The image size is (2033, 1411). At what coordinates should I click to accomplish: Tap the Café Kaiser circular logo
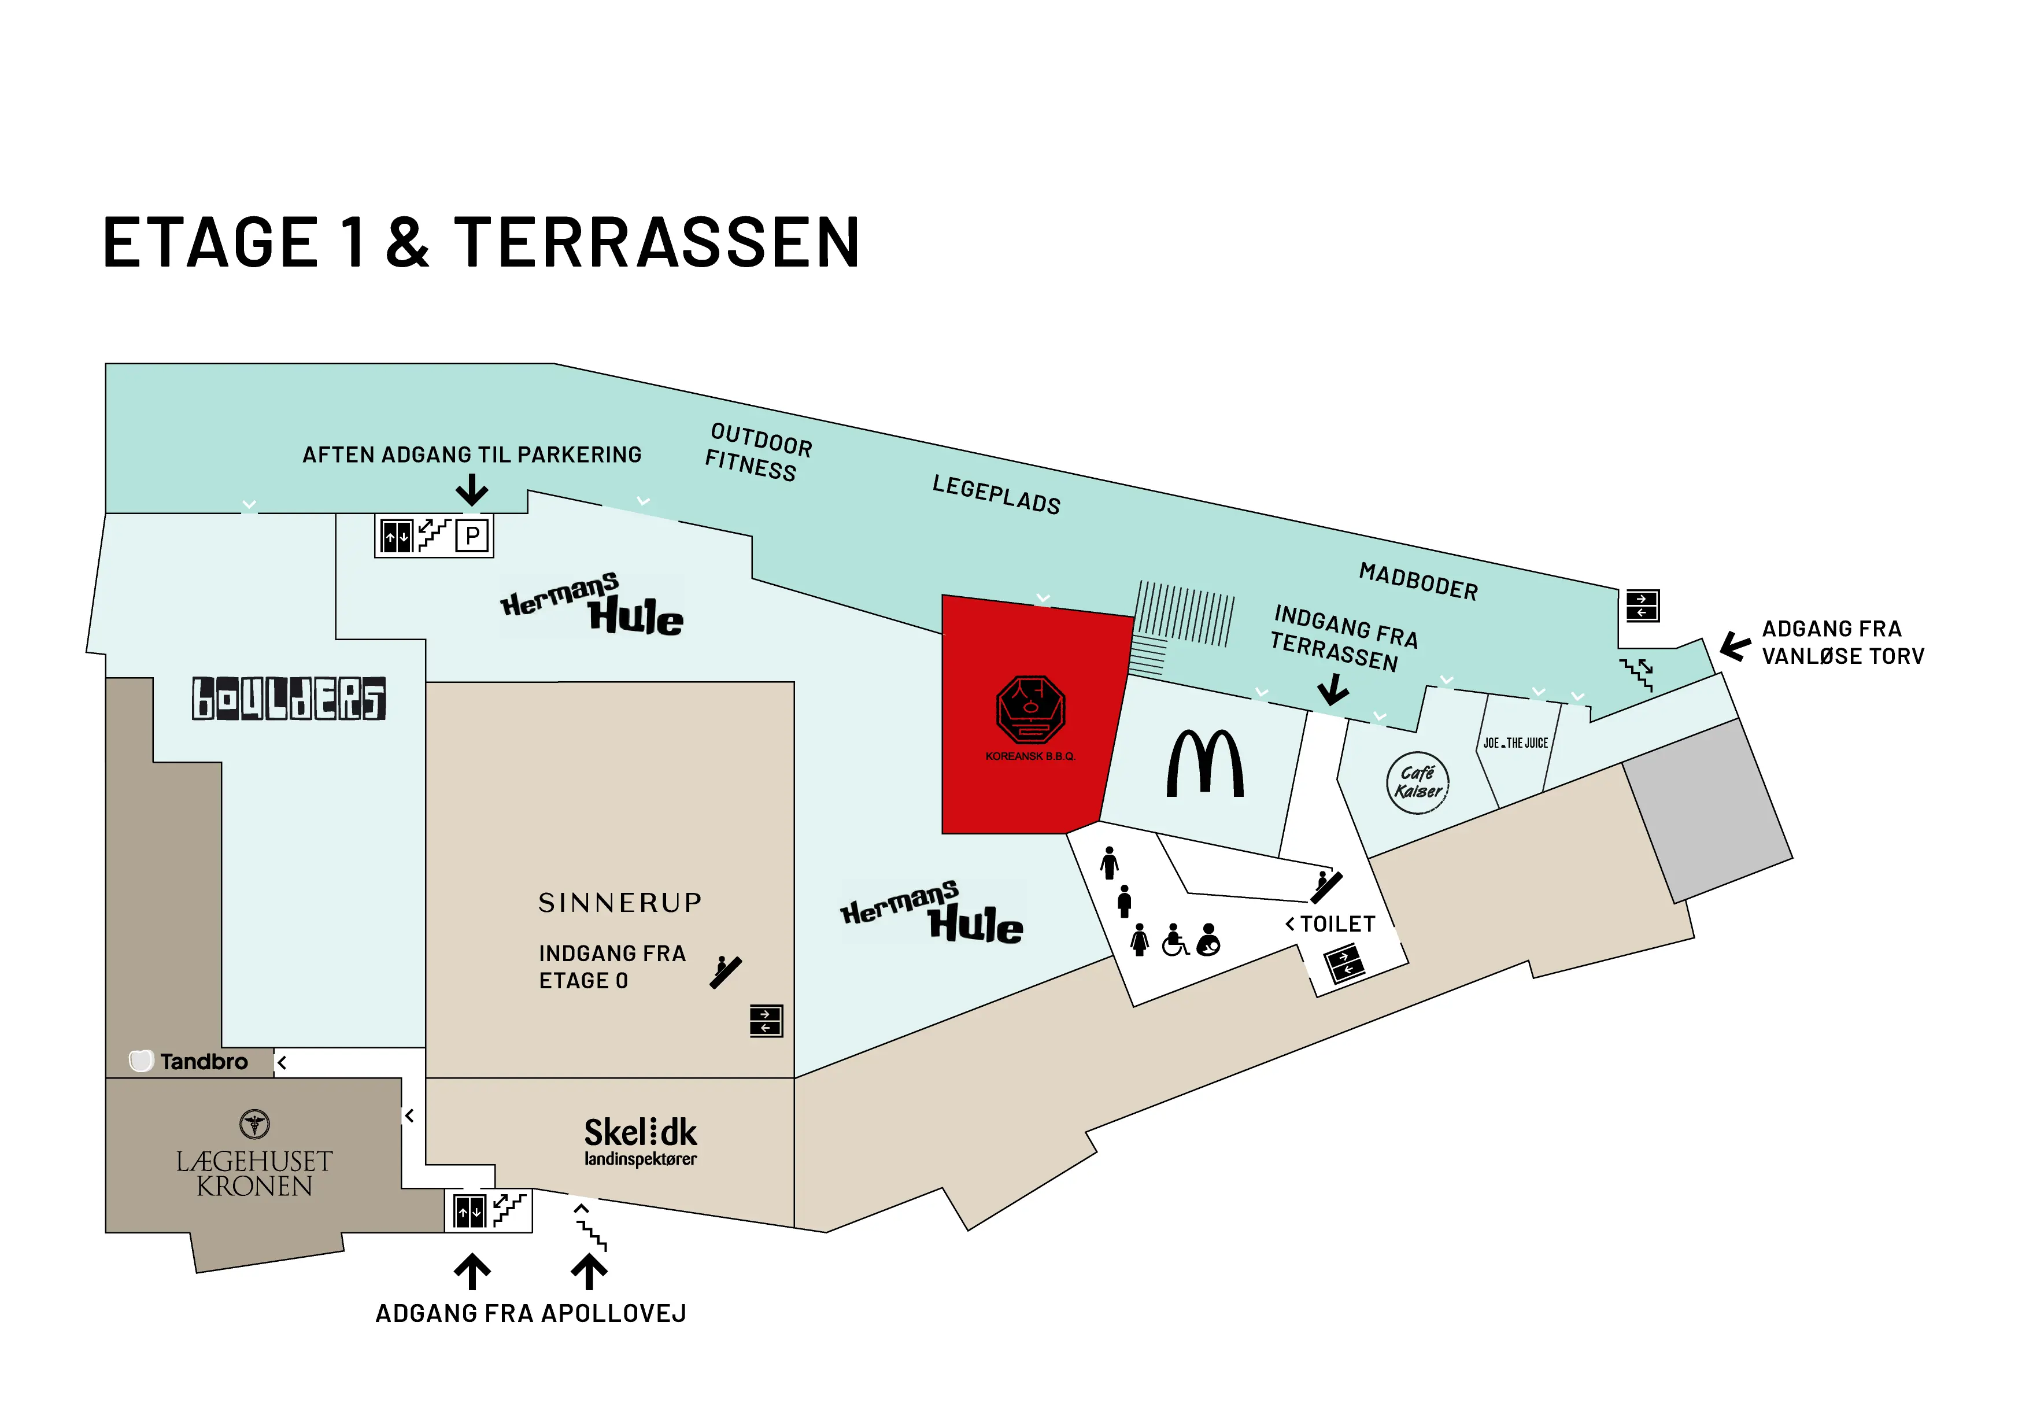[x=1417, y=782]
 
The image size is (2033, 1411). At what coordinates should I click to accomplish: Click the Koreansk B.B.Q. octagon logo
[x=1030, y=709]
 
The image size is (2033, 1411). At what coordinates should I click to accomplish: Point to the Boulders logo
[x=289, y=699]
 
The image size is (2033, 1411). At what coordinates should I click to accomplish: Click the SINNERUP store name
[x=620, y=903]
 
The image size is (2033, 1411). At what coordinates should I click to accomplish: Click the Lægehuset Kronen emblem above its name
[x=254, y=1125]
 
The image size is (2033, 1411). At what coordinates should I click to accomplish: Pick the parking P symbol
[x=473, y=535]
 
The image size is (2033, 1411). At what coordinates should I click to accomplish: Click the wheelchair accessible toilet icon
[x=1175, y=941]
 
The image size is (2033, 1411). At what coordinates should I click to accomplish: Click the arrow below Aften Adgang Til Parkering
[x=472, y=489]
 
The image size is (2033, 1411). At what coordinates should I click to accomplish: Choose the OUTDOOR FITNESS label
[x=757, y=452]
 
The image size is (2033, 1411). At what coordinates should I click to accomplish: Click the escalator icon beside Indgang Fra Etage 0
[x=727, y=972]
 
